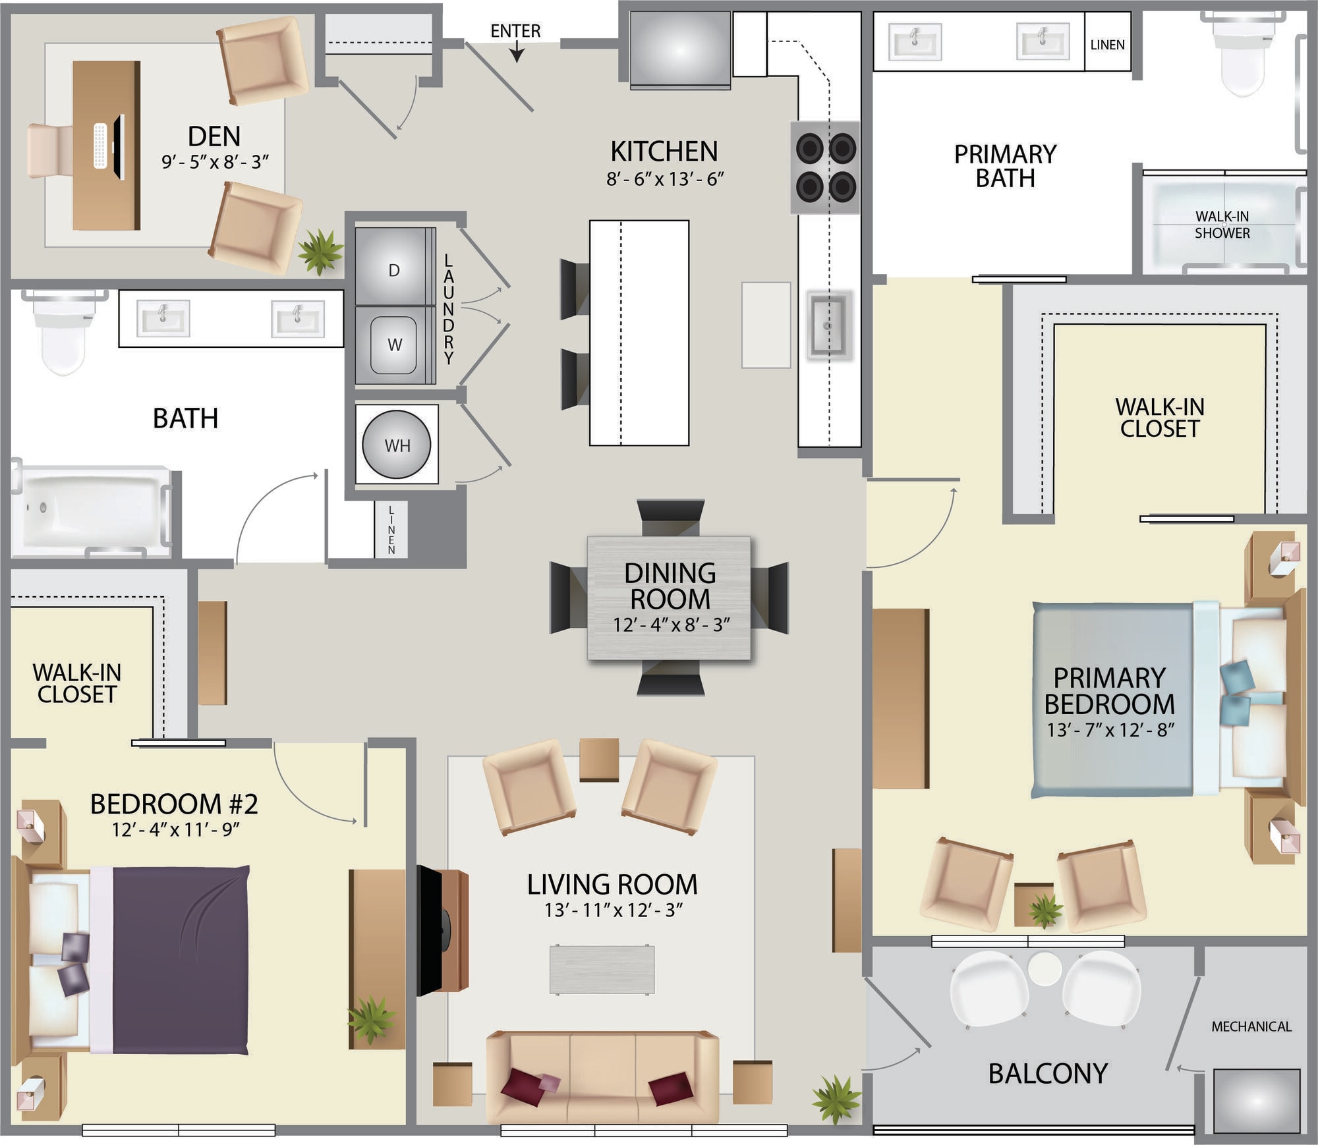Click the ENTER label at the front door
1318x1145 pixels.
tap(515, 31)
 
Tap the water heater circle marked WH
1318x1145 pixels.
tap(397, 445)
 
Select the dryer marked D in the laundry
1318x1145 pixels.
tap(395, 266)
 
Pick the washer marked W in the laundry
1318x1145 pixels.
tap(395, 345)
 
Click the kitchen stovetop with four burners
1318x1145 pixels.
tap(826, 167)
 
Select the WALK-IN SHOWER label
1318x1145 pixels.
tap(1222, 225)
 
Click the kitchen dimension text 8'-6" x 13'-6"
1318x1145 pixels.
tap(665, 179)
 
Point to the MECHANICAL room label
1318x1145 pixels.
tap(1251, 1026)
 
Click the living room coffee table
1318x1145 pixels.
tap(602, 969)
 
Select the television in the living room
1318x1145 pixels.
tap(431, 931)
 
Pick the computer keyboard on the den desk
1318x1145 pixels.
tap(100, 146)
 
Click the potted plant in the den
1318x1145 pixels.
tap(320, 251)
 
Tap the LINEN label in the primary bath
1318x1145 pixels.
tap(1107, 45)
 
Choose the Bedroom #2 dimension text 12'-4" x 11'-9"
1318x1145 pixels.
tap(175, 829)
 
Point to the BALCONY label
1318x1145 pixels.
tap(1048, 1074)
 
